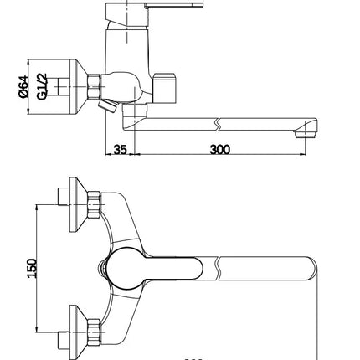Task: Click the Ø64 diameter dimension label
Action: pos(23,86)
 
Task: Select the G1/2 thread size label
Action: pos(42,86)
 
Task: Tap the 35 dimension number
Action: pos(120,150)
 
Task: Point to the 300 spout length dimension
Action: pos(220,150)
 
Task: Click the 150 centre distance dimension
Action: pos(32,269)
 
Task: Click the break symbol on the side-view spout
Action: pos(219,124)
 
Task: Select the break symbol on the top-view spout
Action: pos(219,269)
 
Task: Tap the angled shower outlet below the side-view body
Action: pos(107,105)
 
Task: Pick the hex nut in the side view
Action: pos(94,86)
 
